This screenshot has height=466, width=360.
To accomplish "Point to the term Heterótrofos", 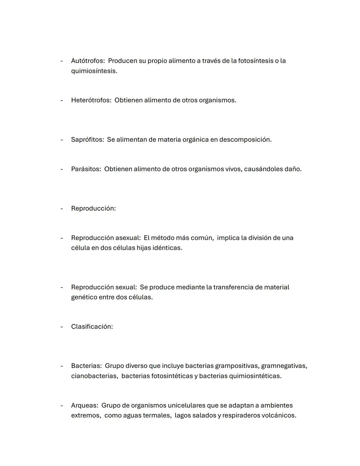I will coord(91,100).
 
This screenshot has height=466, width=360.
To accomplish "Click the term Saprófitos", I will coord(87,140).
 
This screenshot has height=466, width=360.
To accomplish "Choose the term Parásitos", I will coord(86,169).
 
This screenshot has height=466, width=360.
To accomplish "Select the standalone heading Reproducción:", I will coord(93,208).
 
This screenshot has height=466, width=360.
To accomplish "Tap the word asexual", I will coord(128,238).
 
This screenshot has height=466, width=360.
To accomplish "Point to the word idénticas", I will coord(167,248).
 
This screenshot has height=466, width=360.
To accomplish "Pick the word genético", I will coord(84,297).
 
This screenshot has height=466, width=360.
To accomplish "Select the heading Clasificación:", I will coord(92,327).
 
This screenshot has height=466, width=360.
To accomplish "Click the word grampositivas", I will coord(237,366).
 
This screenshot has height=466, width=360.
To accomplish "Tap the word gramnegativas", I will coord(284,366).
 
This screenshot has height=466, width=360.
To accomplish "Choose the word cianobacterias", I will coord(94,376).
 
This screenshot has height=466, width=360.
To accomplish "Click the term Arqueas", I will coord(84,405).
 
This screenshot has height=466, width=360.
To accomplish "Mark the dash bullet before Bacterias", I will coord(62,366).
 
